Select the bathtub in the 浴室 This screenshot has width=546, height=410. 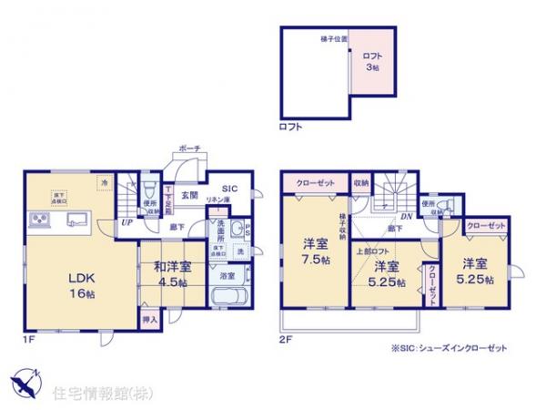point(225,298)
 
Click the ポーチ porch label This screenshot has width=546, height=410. point(189,149)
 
